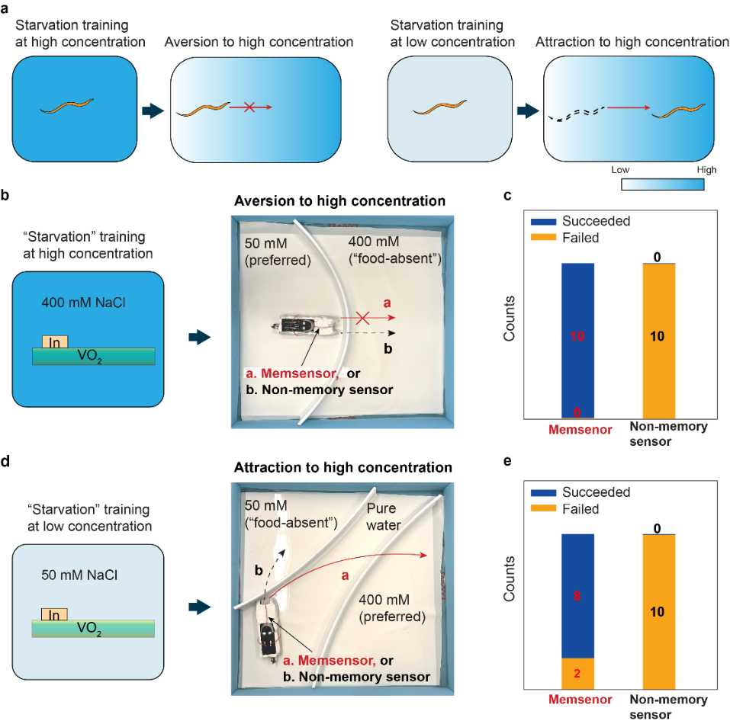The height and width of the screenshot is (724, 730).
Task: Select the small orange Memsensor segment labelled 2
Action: (x=577, y=673)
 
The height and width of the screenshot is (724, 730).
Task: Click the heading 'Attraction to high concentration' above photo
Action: (x=342, y=467)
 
